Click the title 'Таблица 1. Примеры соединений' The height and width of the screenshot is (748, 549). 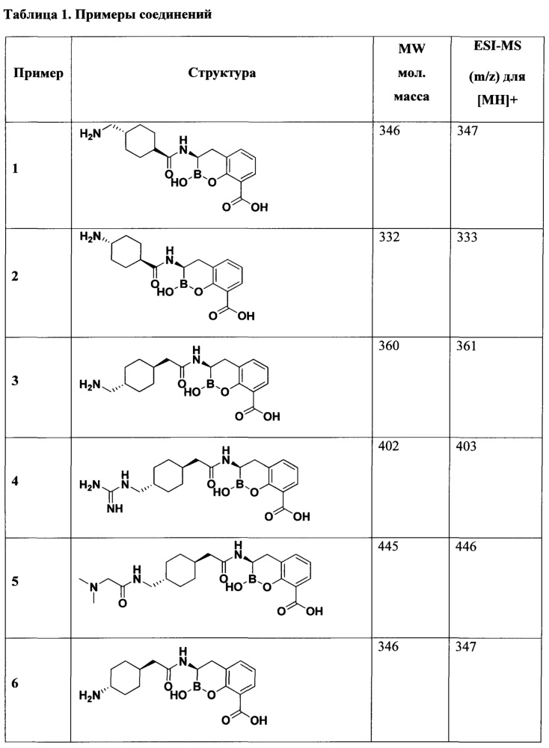point(108,14)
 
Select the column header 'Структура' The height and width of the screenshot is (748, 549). point(221,73)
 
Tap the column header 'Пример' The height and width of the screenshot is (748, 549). point(38,73)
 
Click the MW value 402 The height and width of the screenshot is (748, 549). point(388,447)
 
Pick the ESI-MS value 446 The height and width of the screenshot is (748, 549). point(467,546)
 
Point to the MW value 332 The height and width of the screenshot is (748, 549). point(389,237)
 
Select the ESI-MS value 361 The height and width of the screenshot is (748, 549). point(467,346)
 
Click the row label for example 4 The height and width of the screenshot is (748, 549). point(15,481)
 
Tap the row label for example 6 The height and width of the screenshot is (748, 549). point(15,683)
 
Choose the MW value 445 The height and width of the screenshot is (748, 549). point(388,546)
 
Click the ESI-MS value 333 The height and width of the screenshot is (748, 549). point(467,237)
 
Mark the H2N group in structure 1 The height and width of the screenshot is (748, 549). point(91,135)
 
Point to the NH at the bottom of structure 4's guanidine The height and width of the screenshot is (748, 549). point(115,509)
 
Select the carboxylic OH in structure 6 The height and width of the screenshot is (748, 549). point(258,720)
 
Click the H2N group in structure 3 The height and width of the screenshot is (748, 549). point(91,384)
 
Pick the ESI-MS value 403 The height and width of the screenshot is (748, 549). point(467,447)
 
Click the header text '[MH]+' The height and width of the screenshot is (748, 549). point(497,101)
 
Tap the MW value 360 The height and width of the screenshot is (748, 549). point(389,346)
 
